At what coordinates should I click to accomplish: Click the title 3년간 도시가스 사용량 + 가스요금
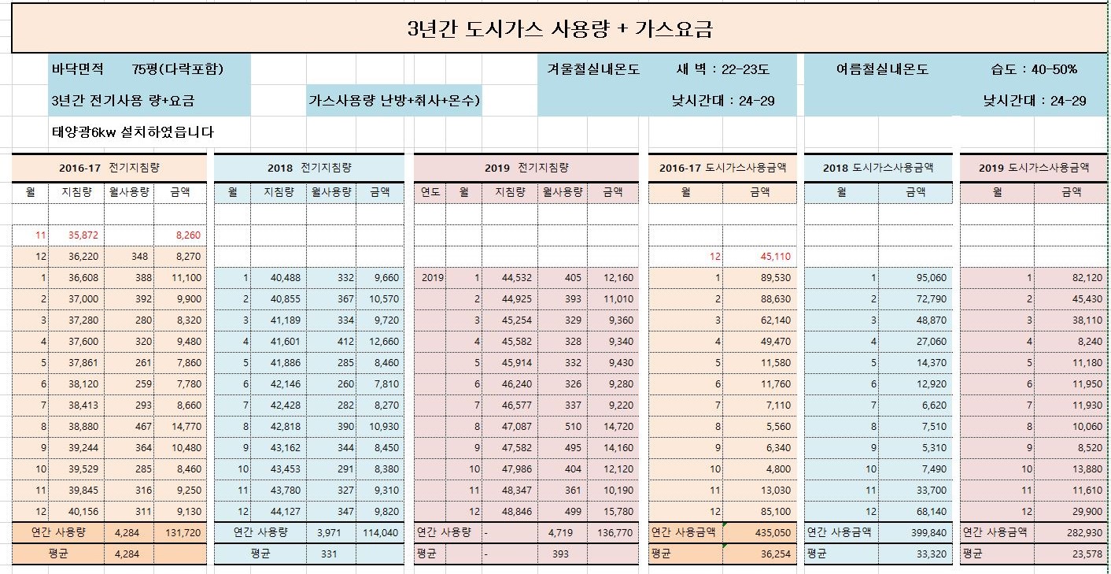coord(559,30)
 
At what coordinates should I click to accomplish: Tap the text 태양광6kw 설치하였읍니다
coord(131,132)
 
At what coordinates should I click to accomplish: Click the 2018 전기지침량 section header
coord(308,168)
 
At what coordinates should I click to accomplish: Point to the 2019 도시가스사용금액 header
coord(1033,168)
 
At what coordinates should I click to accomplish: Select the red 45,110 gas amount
coord(775,257)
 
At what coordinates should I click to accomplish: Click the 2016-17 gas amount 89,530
coord(775,278)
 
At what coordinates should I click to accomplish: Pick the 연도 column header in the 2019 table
coord(430,192)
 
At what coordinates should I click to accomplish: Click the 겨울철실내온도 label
coord(593,69)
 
